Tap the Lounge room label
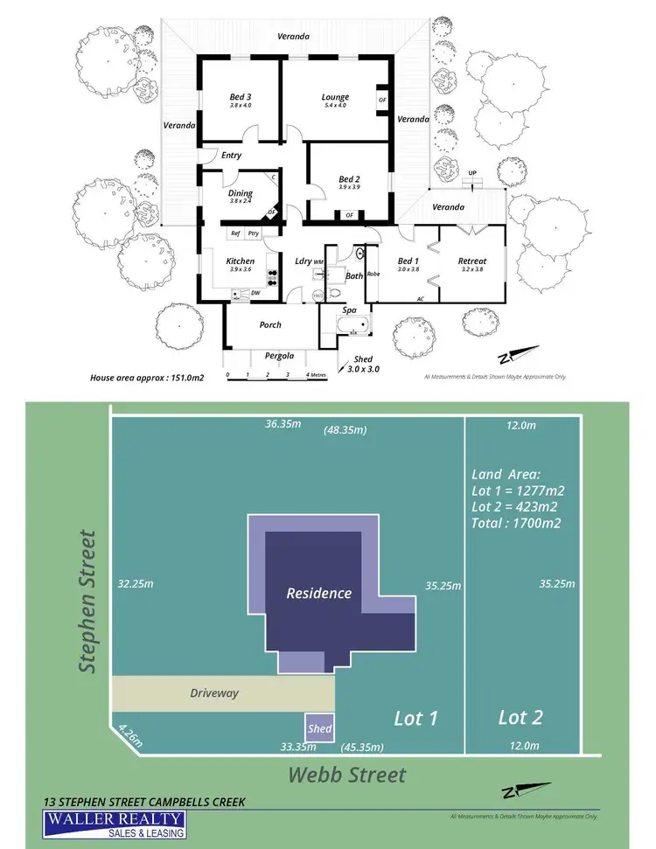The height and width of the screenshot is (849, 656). pyautogui.click(x=335, y=97)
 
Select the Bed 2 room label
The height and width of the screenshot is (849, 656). pyautogui.click(x=349, y=180)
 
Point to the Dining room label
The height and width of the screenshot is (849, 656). pyautogui.click(x=241, y=193)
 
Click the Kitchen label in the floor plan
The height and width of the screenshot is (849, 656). pyautogui.click(x=241, y=261)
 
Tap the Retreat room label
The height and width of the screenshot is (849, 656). pyautogui.click(x=471, y=261)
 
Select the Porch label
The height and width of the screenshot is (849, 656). pyautogui.click(x=270, y=325)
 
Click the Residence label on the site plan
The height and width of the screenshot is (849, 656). pyautogui.click(x=319, y=593)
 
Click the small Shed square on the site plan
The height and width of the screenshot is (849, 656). pyautogui.click(x=319, y=727)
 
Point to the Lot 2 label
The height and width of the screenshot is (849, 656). pyautogui.click(x=520, y=718)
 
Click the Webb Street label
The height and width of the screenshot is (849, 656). pyautogui.click(x=347, y=775)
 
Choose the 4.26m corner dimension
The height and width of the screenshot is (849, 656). pyautogui.click(x=128, y=728)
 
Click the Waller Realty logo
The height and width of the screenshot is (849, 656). pyautogui.click(x=115, y=824)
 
